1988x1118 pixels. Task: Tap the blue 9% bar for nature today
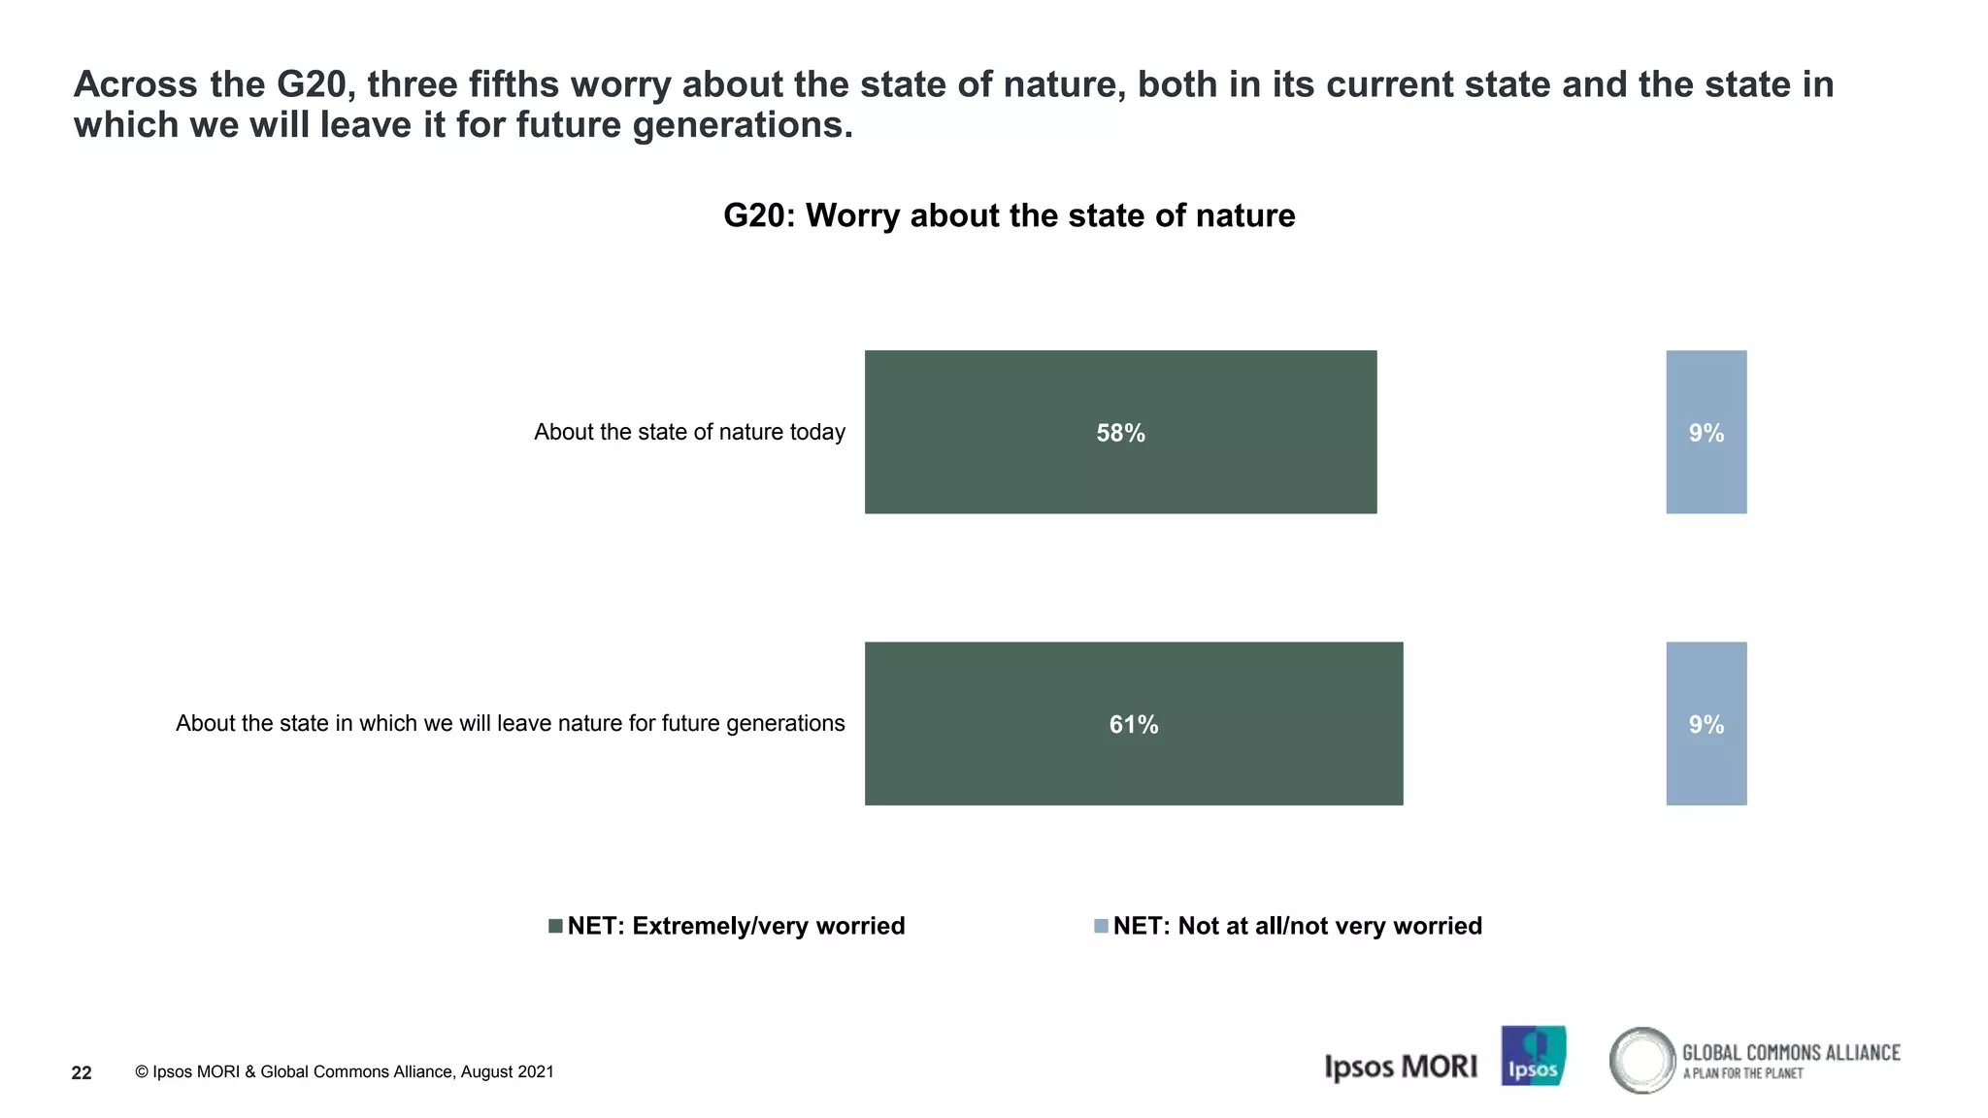(x=1706, y=476)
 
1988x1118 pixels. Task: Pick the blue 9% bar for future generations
(x=1706, y=767)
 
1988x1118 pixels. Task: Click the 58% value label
(x=1120, y=433)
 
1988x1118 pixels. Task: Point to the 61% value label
(x=1133, y=724)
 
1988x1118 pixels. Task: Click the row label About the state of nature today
(x=689, y=432)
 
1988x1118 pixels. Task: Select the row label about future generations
(x=510, y=723)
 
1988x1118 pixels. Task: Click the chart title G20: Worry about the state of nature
(x=1009, y=215)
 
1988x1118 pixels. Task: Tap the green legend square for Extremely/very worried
(x=555, y=926)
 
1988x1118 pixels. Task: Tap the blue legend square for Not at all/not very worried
(x=1101, y=926)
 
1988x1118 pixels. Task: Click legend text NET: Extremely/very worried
(x=736, y=926)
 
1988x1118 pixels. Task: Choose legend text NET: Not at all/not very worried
(x=1297, y=926)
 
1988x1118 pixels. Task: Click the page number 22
(x=82, y=1072)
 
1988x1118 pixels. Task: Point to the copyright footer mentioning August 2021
(x=345, y=1071)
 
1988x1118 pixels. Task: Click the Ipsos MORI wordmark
(x=1400, y=1067)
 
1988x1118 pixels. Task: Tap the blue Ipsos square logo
(x=1533, y=1055)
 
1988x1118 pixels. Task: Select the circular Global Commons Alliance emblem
(x=1642, y=1060)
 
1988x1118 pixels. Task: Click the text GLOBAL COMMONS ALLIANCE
(x=1790, y=1053)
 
